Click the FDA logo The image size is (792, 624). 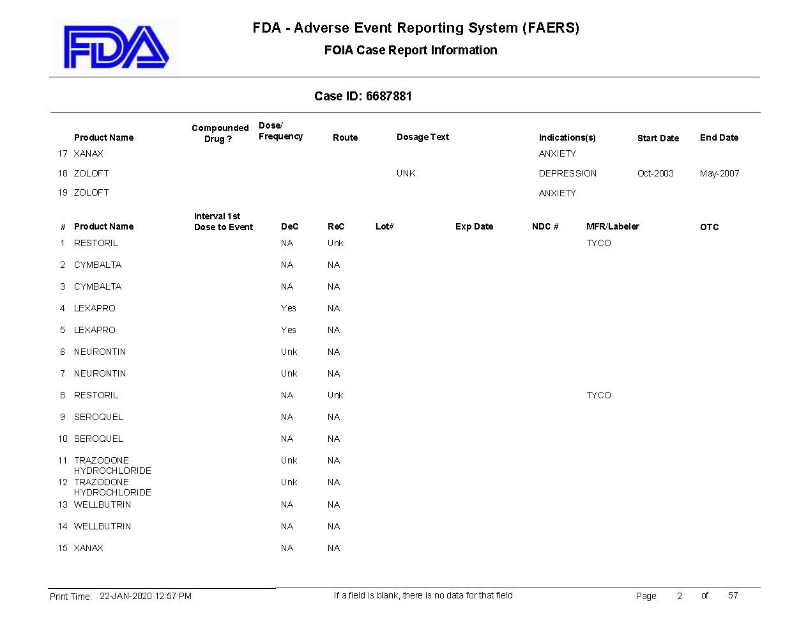click(x=116, y=47)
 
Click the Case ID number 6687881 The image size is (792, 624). click(x=388, y=97)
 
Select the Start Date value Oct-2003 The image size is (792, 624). click(x=655, y=173)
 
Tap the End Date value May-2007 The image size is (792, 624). click(x=719, y=173)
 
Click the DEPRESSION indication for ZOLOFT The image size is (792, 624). click(x=567, y=173)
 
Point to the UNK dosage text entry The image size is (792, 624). click(x=406, y=173)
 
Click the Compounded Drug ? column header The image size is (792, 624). click(x=220, y=133)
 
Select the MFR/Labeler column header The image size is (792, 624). click(x=612, y=226)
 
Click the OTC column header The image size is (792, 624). click(x=709, y=227)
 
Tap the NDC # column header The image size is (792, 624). click(x=545, y=226)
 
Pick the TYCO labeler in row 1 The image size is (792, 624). click(x=598, y=243)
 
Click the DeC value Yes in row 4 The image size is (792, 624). click(x=289, y=308)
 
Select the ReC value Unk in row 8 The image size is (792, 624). click(x=335, y=395)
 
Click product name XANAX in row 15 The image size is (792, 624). click(x=88, y=548)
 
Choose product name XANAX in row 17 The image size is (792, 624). click(x=88, y=153)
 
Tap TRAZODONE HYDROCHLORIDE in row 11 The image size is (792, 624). click(x=112, y=465)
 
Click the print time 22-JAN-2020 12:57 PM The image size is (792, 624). click(x=146, y=596)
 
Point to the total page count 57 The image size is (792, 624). click(x=733, y=595)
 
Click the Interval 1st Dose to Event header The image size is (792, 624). click(x=223, y=221)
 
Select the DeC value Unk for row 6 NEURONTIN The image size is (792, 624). click(x=289, y=352)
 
